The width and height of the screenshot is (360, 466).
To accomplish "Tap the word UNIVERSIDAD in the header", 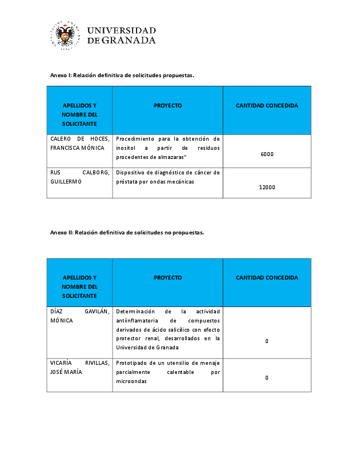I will click(x=122, y=30).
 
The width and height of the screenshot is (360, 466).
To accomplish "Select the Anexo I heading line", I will click(x=122, y=75).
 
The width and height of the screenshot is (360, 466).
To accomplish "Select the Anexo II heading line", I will click(x=127, y=233).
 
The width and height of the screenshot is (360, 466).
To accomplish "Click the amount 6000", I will click(x=267, y=154).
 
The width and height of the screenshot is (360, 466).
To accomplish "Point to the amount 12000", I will click(x=267, y=187).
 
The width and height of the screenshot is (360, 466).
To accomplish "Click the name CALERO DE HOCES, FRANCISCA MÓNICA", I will click(x=79, y=144).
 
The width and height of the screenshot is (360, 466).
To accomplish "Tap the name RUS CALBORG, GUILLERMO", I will click(x=79, y=177).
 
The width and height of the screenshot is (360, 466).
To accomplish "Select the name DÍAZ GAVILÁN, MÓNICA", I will click(x=79, y=316).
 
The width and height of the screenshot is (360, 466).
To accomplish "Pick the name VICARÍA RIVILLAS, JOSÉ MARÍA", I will click(x=79, y=368).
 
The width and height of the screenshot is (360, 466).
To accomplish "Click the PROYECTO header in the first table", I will click(x=167, y=106).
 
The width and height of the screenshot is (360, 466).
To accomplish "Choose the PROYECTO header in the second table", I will click(x=167, y=278).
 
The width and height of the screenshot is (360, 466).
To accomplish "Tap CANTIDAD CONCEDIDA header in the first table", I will click(x=267, y=106).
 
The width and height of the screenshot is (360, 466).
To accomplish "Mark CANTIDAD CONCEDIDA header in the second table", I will click(x=267, y=278).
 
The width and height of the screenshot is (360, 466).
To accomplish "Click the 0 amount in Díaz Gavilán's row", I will click(x=267, y=341).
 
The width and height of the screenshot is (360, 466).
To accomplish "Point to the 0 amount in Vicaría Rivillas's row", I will click(x=267, y=378).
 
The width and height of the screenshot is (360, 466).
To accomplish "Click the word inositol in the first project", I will click(x=127, y=148).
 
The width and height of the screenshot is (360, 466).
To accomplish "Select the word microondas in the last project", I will click(x=131, y=381).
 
